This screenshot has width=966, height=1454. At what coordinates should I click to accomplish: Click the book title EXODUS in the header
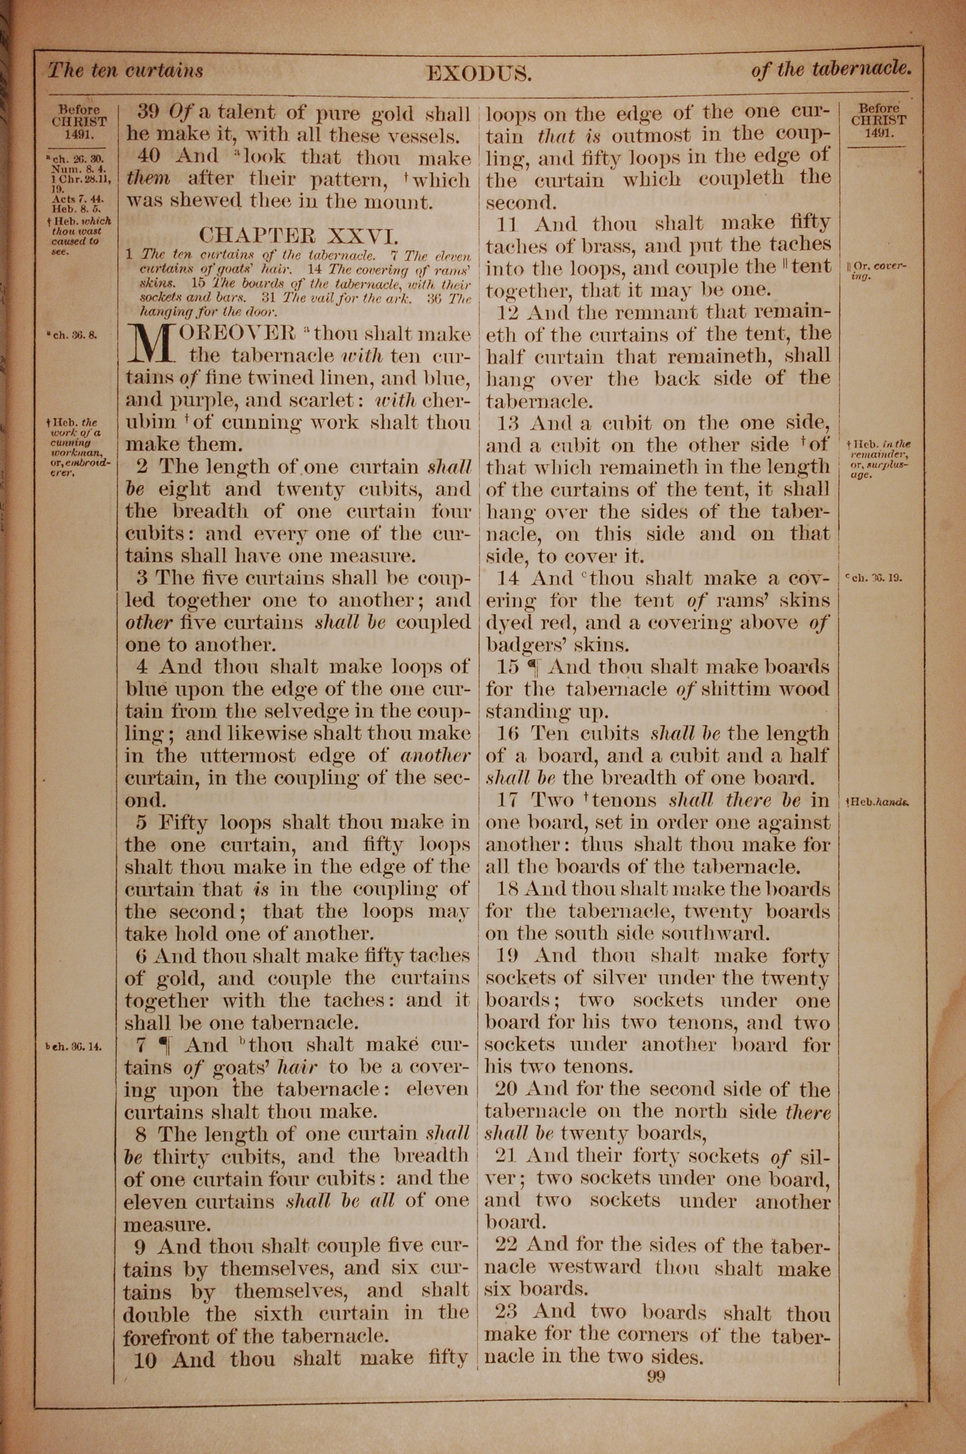pyautogui.click(x=479, y=74)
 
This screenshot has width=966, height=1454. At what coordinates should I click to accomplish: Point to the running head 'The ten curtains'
pyautogui.click(x=126, y=70)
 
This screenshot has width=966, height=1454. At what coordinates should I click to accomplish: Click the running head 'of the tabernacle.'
pyautogui.click(x=830, y=70)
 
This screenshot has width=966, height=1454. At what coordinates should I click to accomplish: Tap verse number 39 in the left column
pyautogui.click(x=148, y=112)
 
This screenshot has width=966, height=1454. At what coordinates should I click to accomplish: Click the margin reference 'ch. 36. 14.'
pyautogui.click(x=73, y=1046)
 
